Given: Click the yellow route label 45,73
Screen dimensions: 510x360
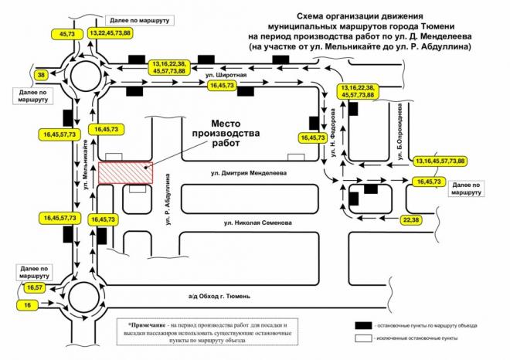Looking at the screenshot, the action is pos(67,34).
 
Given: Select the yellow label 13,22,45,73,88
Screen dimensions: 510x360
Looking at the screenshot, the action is pos(110,33).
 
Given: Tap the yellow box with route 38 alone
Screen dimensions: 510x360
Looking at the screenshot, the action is pos(41,75).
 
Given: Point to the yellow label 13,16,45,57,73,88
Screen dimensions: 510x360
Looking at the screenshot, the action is pos(440,161).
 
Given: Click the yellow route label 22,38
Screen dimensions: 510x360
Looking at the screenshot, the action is pos(411,220).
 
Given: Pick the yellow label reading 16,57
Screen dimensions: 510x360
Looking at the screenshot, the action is pos(35,287).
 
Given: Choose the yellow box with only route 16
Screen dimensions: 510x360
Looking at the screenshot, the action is pos(27,305).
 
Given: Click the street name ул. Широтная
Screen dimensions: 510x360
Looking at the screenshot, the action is pos(226,75).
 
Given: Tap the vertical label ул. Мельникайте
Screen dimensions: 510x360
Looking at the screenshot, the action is pos(86,165).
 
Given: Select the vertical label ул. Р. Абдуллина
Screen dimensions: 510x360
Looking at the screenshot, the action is pos(168,199).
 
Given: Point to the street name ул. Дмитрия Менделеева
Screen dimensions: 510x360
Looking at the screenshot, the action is pos(249,173).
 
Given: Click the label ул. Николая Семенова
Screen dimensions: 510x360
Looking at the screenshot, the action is pos(258,222).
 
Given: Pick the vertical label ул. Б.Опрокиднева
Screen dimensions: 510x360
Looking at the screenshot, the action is pos(399,131).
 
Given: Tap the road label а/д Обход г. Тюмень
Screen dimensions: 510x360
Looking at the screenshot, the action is pos(219,296).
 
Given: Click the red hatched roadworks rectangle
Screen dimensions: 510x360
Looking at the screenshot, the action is pos(125,173).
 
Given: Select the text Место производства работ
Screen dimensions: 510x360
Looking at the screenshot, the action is pos(226,134).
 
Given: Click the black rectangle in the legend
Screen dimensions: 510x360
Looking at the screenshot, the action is pos(363,325).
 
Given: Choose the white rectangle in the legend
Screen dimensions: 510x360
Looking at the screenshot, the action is pos(363,338).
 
